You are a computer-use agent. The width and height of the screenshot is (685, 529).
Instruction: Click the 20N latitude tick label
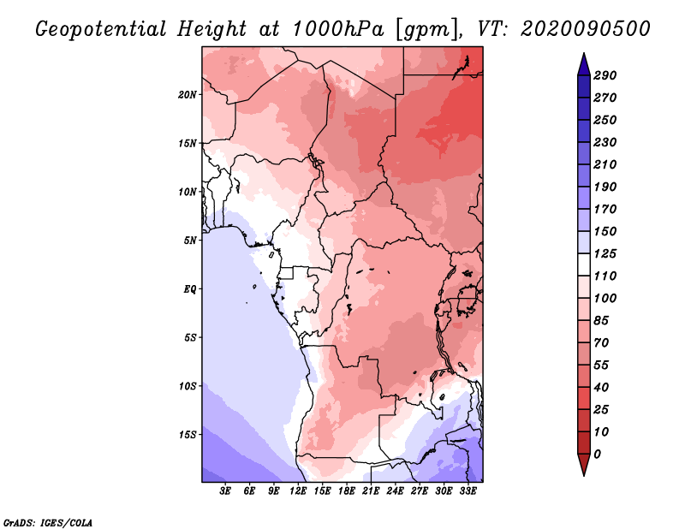pos(188,95)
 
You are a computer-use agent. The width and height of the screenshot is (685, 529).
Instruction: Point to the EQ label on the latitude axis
pos(190,289)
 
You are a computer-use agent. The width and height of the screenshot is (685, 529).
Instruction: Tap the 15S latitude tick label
pos(188,435)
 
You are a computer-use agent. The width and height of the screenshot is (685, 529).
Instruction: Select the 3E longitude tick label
pos(225,491)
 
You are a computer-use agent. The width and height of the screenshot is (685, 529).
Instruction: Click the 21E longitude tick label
pos(371,491)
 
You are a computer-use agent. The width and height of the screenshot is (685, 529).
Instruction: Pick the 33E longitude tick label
pos(468,491)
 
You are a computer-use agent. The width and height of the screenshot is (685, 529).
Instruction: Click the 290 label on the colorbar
pos(605,75)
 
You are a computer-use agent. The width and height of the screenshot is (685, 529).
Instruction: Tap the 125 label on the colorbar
pos(605,253)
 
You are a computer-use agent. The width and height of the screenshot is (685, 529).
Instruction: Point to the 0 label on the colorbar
pos(597,455)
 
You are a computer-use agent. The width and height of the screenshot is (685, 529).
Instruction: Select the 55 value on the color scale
pos(601,366)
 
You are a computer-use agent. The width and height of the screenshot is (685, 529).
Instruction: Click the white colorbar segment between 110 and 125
pos(584,264)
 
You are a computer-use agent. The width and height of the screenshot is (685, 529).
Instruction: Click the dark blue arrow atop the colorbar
pos(584,64)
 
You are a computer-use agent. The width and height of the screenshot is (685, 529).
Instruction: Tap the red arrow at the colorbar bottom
pos(584,465)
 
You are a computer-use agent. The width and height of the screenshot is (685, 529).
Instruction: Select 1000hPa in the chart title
pos(337,29)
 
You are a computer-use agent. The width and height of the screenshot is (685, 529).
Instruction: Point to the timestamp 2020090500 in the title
pos(586,29)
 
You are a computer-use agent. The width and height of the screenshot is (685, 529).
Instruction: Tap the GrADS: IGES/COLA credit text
pos(48,523)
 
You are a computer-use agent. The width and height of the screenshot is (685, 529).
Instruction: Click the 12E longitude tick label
pos(298,491)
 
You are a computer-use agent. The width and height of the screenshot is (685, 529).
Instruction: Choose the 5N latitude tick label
pos(190,241)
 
